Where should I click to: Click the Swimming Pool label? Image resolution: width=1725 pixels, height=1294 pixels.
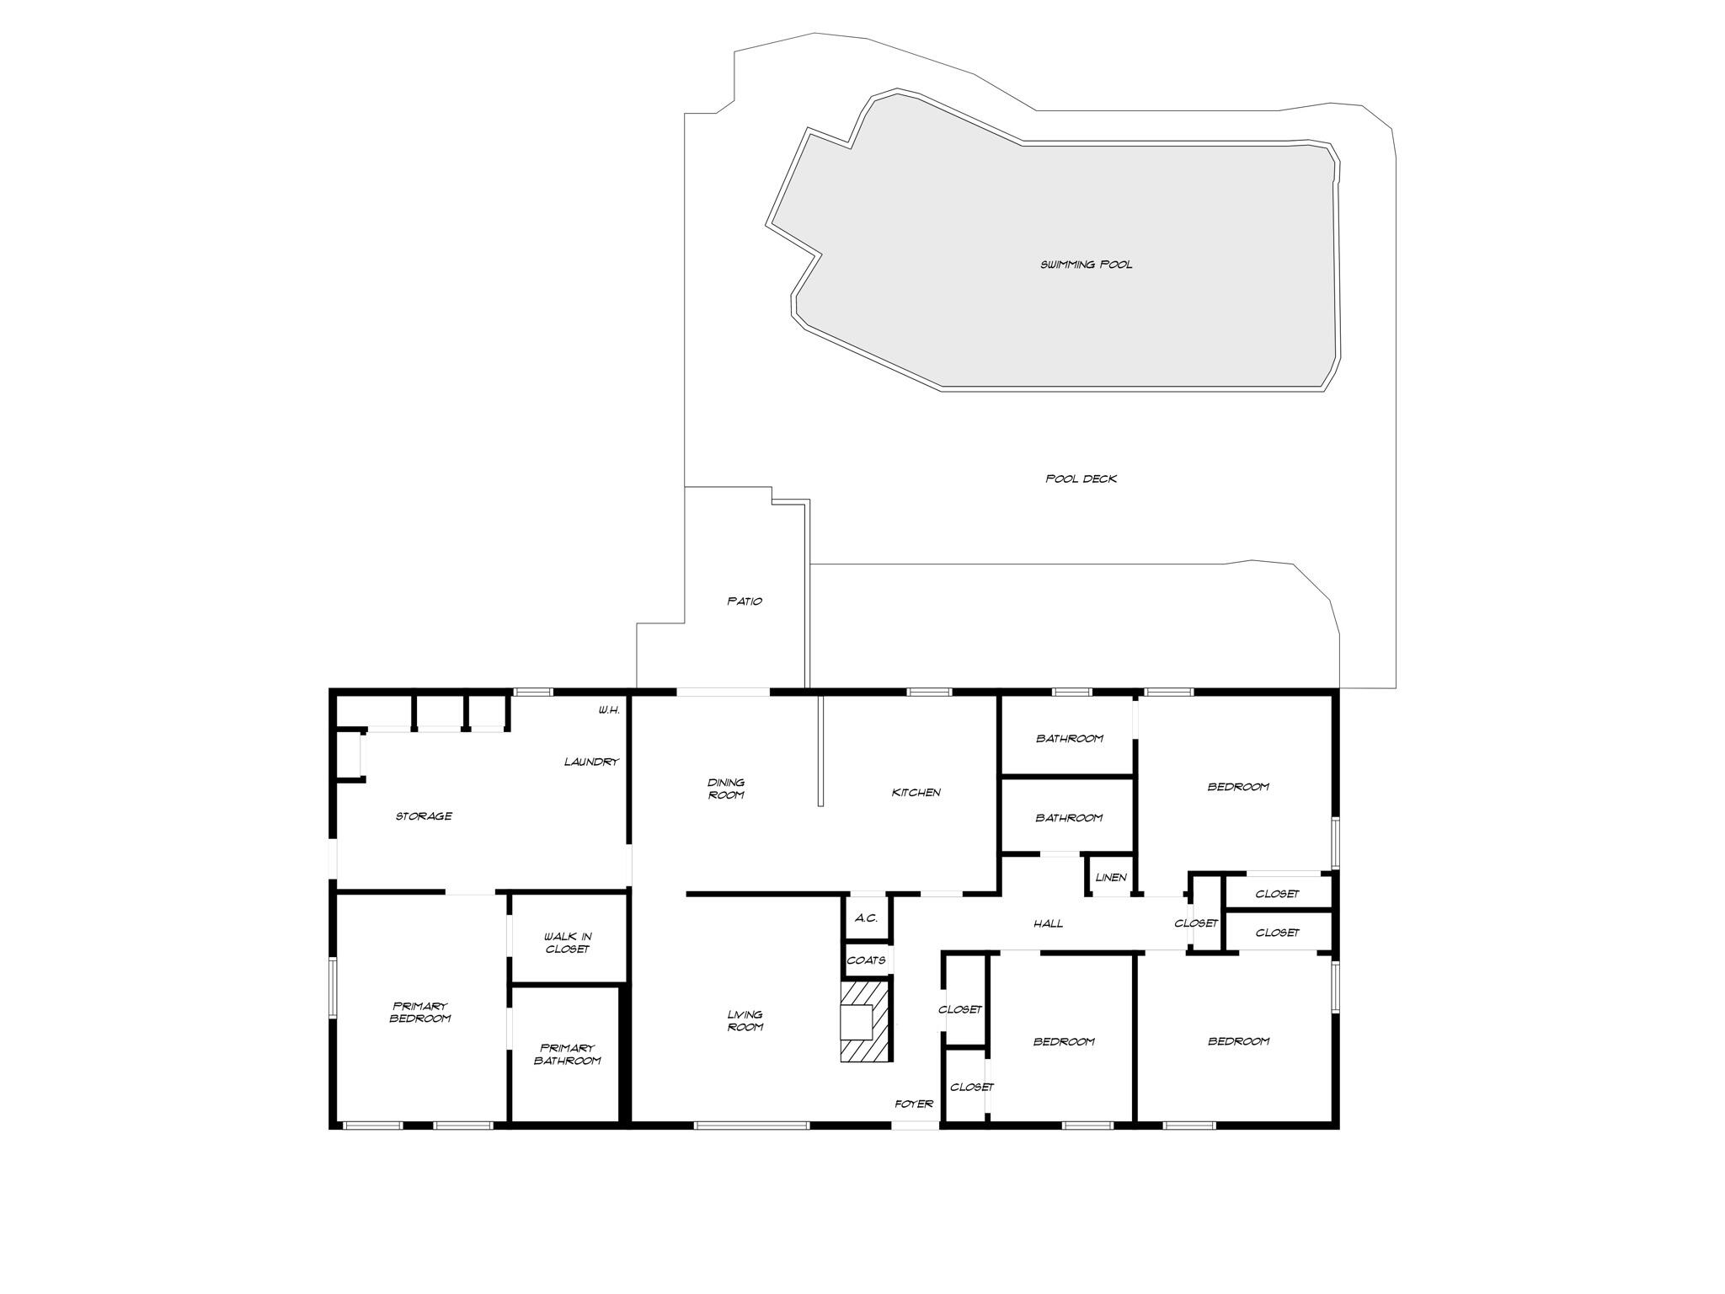(x=1086, y=265)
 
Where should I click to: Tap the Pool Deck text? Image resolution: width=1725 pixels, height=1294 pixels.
(x=1081, y=479)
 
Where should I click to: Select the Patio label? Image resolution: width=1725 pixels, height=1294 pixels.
(x=745, y=601)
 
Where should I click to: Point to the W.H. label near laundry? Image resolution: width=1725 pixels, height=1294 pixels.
(x=609, y=710)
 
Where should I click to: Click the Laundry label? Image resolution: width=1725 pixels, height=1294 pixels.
(x=591, y=762)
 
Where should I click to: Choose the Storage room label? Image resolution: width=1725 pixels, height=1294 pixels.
(x=424, y=815)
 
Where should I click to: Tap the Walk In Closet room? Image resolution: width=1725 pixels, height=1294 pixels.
(x=567, y=942)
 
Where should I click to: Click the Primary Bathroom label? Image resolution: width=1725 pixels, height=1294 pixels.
(x=567, y=1054)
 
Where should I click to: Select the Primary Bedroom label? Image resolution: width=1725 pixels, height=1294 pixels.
(x=419, y=1012)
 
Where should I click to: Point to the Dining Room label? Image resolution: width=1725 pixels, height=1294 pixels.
(x=725, y=789)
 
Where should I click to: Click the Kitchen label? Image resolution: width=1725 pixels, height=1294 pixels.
(x=916, y=792)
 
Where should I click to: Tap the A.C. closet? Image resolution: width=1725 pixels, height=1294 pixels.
(x=866, y=918)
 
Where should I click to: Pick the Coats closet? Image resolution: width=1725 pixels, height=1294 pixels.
(x=866, y=960)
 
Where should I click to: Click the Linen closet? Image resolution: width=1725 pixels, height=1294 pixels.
(x=1110, y=877)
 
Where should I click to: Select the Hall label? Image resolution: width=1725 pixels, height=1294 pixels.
(x=1048, y=923)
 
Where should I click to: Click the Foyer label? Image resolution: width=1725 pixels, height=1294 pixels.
(x=913, y=1104)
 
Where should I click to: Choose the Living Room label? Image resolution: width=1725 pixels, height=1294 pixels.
(x=745, y=1020)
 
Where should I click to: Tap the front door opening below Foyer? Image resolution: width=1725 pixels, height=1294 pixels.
(x=916, y=1125)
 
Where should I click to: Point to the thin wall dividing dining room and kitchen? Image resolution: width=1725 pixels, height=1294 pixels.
(x=820, y=750)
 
